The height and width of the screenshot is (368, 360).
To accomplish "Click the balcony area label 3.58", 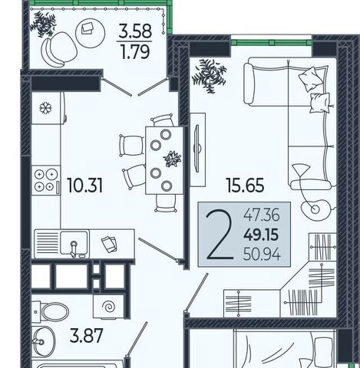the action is (x=135, y=31).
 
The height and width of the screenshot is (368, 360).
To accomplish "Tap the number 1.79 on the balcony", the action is (x=135, y=52).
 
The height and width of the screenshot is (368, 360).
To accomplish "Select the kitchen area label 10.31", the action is (x=84, y=186).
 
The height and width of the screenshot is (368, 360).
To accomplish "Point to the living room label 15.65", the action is (x=245, y=186).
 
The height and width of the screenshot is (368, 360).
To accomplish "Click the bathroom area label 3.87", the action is (x=86, y=336).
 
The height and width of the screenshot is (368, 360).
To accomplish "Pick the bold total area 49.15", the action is (x=261, y=235).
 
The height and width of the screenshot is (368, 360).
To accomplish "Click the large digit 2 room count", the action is (x=220, y=234).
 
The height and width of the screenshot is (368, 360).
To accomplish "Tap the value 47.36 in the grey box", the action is (x=262, y=215).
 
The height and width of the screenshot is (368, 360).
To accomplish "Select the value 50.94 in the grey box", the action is (x=262, y=255).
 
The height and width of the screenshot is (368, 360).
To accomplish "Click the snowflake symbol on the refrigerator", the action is (x=45, y=108).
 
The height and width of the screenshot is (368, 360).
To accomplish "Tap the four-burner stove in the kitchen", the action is (x=46, y=180).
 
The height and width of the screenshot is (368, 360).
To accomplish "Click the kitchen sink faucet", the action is (x=74, y=248).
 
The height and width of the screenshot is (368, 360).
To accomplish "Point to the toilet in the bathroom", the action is (x=51, y=311).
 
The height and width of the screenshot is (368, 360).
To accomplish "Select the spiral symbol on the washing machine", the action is (x=108, y=307).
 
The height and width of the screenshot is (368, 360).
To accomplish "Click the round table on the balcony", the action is (x=90, y=33).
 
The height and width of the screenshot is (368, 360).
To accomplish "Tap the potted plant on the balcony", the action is (x=43, y=24).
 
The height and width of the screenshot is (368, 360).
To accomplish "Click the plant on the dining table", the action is (x=173, y=159).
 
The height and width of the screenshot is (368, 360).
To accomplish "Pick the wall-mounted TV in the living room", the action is (x=197, y=148).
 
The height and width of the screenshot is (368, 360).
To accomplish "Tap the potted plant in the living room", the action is (x=210, y=76).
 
